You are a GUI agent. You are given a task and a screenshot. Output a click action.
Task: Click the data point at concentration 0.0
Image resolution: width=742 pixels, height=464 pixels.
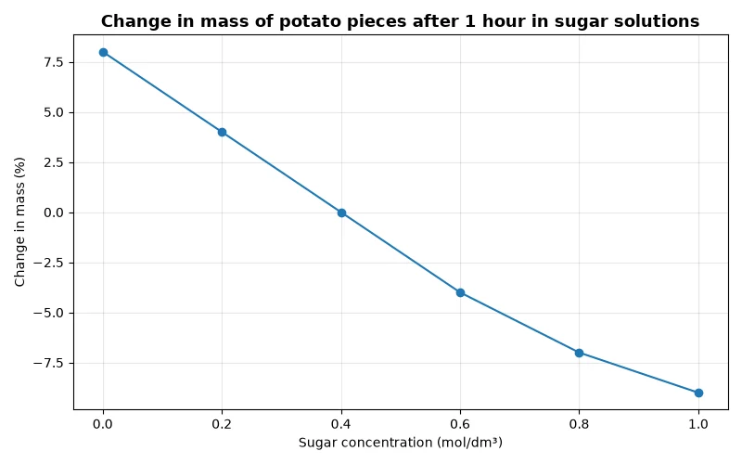pyautogui.click(x=103, y=53)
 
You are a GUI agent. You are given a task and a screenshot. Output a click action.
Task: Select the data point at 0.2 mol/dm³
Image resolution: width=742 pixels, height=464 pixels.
pyautogui.click(x=222, y=132)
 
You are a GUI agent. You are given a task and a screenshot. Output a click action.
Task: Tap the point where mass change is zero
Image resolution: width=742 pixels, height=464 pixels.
pyautogui.click(x=341, y=213)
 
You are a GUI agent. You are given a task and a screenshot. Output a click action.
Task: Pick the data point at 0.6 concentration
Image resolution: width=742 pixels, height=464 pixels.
pyautogui.click(x=460, y=293)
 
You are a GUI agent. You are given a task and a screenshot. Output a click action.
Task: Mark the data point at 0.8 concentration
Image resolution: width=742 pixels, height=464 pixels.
pyautogui.click(x=579, y=353)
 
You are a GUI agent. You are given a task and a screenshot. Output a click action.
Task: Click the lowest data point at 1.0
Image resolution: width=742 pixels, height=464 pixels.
pyautogui.click(x=698, y=393)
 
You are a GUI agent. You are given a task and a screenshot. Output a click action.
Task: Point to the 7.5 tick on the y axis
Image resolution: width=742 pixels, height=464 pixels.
pyautogui.click(x=53, y=62)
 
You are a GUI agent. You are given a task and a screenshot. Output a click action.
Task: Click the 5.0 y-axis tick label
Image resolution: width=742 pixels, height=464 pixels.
pyautogui.click(x=53, y=112)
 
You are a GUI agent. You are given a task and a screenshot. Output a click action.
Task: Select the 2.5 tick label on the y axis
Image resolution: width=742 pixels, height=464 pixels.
pyautogui.click(x=53, y=163)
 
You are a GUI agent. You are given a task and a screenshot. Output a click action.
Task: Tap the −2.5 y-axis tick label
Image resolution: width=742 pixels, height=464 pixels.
pyautogui.click(x=48, y=264)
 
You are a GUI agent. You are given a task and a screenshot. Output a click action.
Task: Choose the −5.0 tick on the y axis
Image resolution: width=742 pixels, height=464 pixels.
pyautogui.click(x=48, y=314)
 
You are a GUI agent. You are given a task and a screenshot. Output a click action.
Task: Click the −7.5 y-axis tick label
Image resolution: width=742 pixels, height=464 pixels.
pyautogui.click(x=48, y=364)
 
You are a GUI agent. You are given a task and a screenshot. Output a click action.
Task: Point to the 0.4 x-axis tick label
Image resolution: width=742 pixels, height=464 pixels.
pyautogui.click(x=341, y=424)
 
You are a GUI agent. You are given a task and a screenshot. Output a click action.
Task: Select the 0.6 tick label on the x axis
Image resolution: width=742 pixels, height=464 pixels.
pyautogui.click(x=460, y=424)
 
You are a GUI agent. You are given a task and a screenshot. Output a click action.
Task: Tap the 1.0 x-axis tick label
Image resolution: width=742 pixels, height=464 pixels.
pyautogui.click(x=698, y=424)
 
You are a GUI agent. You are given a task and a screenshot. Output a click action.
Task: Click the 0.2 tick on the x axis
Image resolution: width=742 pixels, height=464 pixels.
pyautogui.click(x=222, y=424)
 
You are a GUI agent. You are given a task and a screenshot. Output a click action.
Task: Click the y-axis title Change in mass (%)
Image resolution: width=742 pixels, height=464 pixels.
pyautogui.click(x=19, y=222)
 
